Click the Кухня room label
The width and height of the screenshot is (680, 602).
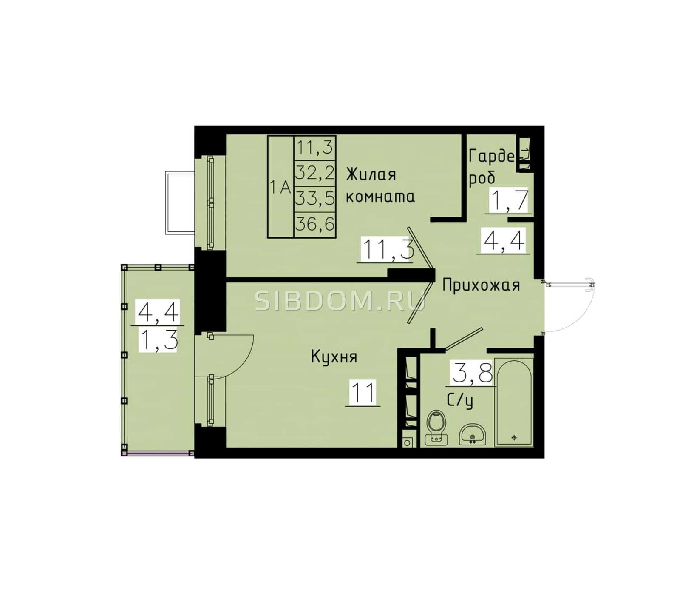334,357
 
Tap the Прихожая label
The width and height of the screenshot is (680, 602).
481,285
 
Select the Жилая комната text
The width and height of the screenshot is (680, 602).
380,185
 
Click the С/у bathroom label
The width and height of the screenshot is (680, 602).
460,401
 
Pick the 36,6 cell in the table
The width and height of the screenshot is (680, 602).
315,224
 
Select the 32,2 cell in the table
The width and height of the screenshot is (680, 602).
315,173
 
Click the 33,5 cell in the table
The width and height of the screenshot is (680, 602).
315,199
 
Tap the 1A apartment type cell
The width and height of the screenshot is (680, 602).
281,187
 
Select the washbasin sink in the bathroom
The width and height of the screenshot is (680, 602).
472,434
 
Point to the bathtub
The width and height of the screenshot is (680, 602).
514,402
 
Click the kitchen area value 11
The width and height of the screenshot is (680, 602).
363,393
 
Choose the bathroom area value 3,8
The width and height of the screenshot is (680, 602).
472,373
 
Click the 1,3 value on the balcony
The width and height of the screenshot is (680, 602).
158,340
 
